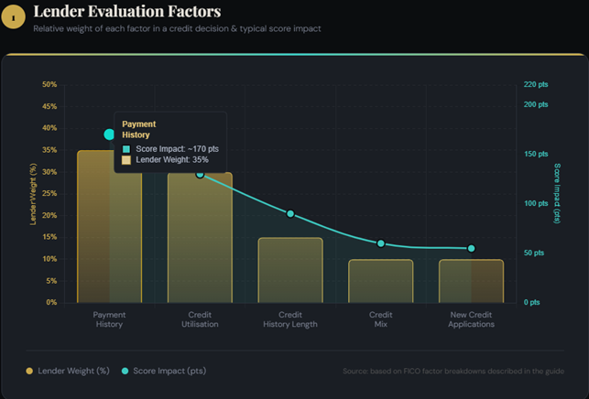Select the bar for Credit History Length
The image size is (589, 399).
pyautogui.click(x=290, y=269)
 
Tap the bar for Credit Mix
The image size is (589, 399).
pyautogui.click(x=381, y=280)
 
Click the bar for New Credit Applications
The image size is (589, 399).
pyautogui.click(x=472, y=280)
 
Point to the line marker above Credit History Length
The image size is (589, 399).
pyautogui.click(x=290, y=214)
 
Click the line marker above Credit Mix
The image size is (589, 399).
pyautogui.click(x=381, y=243)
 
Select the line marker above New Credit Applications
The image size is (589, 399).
pyautogui.click(x=472, y=248)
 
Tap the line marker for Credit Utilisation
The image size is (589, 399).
pyautogui.click(x=200, y=173)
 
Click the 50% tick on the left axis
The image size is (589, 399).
pyautogui.click(x=49, y=84)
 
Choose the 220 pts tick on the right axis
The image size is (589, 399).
pyautogui.click(x=535, y=84)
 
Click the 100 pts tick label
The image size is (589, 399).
pyautogui.click(x=535, y=203)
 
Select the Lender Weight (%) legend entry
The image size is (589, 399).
pyautogui.click(x=68, y=371)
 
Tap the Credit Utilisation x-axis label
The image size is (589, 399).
pyautogui.click(x=200, y=319)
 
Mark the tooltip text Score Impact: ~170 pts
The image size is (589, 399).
pyautogui.click(x=177, y=148)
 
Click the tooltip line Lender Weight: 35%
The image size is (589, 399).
pyautogui.click(x=172, y=159)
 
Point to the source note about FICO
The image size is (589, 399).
pyautogui.click(x=453, y=372)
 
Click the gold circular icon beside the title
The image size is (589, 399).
pyautogui.click(x=13, y=16)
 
